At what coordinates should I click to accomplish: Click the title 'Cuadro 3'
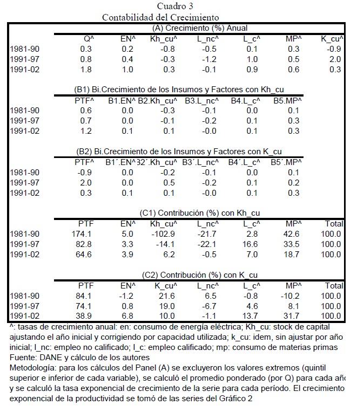tap(175, 6)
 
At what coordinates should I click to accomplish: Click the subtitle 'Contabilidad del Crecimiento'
tap(160, 17)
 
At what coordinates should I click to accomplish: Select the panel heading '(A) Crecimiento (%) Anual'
tap(200, 28)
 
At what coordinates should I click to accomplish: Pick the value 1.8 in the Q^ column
tap(86, 70)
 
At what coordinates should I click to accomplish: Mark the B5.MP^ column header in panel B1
tap(287, 100)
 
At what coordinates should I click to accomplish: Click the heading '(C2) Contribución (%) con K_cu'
tap(200, 275)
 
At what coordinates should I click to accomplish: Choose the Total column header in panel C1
tap(334, 223)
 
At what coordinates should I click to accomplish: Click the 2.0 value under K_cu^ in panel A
tap(335, 59)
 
